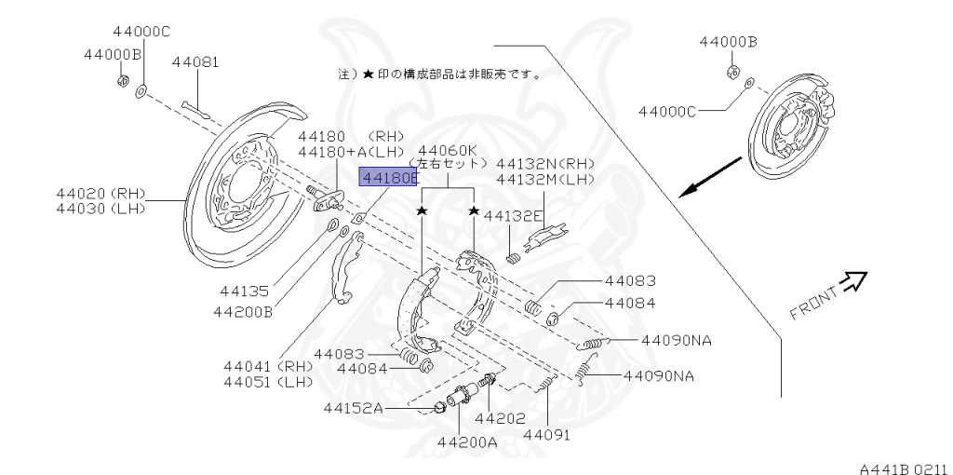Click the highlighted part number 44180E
pyautogui.click(x=389, y=177)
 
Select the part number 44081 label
pyautogui.click(x=195, y=63)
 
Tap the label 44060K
pyautogui.click(x=448, y=150)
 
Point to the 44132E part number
pyautogui.click(x=519, y=215)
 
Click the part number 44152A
pyautogui.click(x=354, y=407)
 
